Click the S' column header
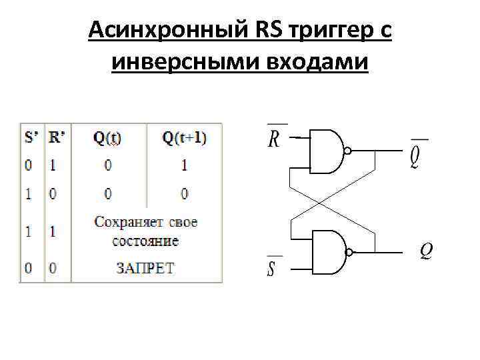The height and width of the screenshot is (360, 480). [x=31, y=138]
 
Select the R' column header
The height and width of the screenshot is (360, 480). [x=57, y=138]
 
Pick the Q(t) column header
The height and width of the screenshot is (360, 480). [x=107, y=138]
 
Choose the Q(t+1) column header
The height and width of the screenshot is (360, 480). [x=184, y=138]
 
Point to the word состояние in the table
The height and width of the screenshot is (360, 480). [x=145, y=239]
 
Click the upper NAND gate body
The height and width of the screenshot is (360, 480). [x=326, y=151]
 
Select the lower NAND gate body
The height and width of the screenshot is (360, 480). [x=326, y=253]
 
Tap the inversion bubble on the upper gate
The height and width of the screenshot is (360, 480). [x=347, y=151]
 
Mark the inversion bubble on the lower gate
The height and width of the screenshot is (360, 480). [x=347, y=253]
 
